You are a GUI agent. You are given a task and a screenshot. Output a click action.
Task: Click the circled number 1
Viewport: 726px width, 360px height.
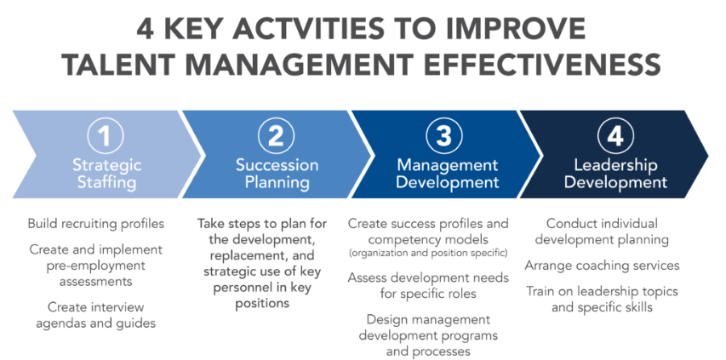point(105,136)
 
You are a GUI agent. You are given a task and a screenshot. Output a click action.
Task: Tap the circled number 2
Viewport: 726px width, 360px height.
point(277,136)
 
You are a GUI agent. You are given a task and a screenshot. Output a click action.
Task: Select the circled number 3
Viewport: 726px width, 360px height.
point(444,136)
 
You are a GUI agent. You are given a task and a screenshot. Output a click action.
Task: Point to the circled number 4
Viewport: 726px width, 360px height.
point(615,136)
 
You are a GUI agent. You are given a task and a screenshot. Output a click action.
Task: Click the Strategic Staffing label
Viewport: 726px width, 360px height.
point(107,174)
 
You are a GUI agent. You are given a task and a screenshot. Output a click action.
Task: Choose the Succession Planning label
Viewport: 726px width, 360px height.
point(277,174)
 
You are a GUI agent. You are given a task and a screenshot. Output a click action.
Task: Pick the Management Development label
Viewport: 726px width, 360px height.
point(448,174)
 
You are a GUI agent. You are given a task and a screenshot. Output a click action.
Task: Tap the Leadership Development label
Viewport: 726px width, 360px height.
point(615,174)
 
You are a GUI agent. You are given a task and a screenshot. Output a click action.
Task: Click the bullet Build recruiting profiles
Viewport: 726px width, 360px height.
point(96,224)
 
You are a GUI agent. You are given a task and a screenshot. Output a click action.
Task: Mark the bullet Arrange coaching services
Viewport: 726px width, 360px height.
point(602,266)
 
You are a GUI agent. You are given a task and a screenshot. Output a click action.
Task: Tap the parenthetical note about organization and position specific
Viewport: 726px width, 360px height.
point(428,253)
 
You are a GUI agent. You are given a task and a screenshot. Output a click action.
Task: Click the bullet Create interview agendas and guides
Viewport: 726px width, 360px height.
point(96,315)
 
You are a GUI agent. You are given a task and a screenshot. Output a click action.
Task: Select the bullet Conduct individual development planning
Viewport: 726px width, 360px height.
point(602,231)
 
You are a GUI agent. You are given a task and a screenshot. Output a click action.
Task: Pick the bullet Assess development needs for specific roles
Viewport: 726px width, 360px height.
point(428,285)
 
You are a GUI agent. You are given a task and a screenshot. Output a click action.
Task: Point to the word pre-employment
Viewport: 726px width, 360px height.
point(96,266)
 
